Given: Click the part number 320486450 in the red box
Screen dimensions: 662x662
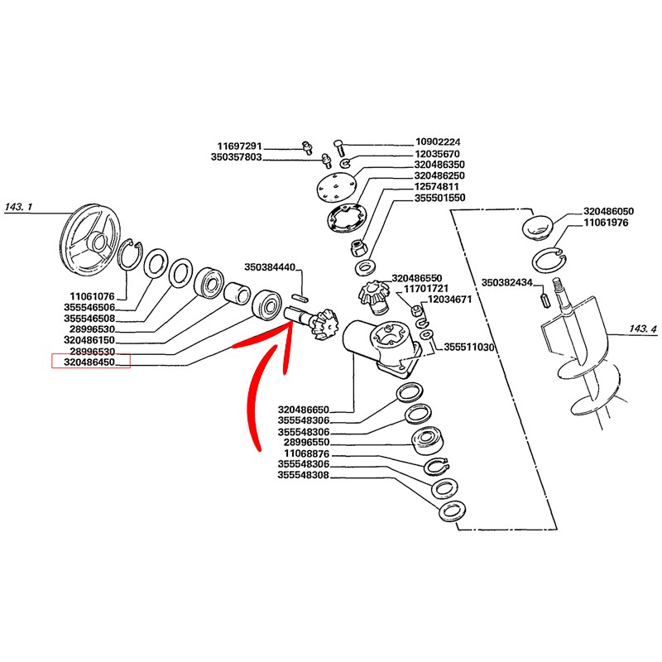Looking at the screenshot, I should click(91, 361).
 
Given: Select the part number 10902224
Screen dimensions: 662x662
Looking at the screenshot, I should click(437, 142).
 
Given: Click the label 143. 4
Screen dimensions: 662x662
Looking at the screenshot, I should click(643, 329).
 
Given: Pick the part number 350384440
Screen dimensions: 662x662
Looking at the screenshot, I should click(270, 267).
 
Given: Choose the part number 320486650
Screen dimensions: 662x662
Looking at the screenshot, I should click(304, 409).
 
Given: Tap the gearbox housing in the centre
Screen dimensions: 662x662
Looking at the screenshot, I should click(377, 343).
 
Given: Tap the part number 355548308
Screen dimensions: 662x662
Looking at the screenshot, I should click(304, 476).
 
